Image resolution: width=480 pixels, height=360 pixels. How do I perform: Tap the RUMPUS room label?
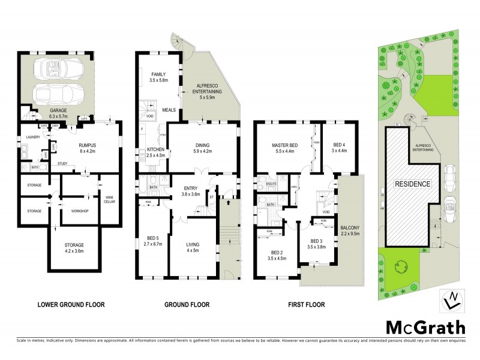pos(88,145)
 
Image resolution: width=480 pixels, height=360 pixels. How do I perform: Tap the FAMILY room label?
pos(158,74)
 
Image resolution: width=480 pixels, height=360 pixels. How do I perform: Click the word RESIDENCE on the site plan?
pos(412,184)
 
